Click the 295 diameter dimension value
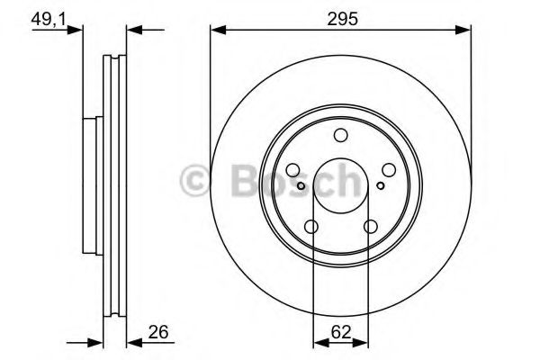coord(340,16)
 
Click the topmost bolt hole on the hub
coord(340,136)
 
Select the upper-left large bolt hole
coord(292,170)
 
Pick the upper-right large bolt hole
coord(388,170)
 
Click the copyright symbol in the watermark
coord(194,181)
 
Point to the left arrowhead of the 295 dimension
coord(216,31)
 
